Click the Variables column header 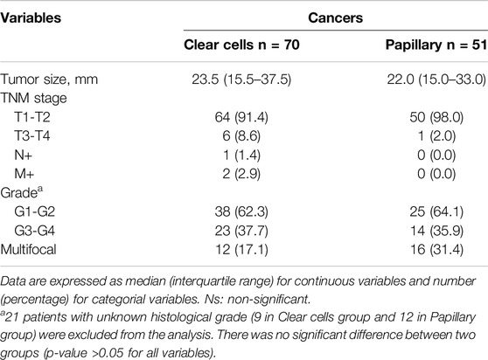point(31,17)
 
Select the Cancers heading point(336,17)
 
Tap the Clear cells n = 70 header point(241,45)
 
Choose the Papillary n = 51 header point(436,45)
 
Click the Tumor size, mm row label point(49,80)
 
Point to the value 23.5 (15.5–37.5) point(241,80)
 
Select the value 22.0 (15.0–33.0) point(436,80)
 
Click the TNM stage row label point(33,99)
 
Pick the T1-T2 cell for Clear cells point(241,117)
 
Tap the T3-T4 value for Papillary point(436,136)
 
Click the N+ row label point(24,155)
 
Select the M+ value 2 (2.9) point(241,174)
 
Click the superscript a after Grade point(40,189)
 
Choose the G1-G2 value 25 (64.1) point(436,211)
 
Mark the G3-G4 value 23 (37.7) point(241,231)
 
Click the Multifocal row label point(28,249)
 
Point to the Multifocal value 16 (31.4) point(436,249)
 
